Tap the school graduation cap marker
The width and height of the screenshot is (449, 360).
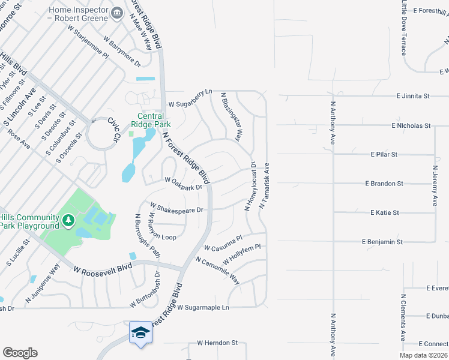[x=140, y=332]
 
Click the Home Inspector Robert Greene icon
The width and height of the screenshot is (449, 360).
[x=117, y=13]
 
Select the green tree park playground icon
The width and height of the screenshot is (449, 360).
[x=68, y=221]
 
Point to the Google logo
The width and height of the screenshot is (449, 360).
[x=20, y=353]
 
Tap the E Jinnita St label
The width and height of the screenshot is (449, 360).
[x=413, y=95]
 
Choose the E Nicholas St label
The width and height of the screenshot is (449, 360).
[x=411, y=126]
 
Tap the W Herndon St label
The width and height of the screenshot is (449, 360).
[x=217, y=343]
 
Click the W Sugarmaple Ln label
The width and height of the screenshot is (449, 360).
[x=203, y=307]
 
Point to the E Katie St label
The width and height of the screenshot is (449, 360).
[x=385, y=212]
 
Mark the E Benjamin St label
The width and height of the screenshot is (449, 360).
[x=382, y=241]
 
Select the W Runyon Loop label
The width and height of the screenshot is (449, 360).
[x=163, y=229]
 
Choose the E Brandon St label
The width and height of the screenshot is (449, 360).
[x=384, y=184]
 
